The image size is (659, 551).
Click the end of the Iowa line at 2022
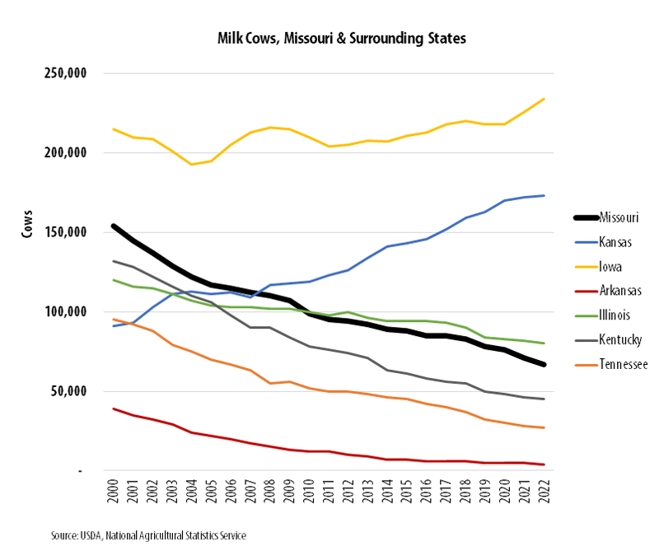click(544, 99)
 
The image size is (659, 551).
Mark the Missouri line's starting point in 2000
click(114, 226)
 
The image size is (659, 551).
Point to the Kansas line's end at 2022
click(544, 195)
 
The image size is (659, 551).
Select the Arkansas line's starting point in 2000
click(114, 409)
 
